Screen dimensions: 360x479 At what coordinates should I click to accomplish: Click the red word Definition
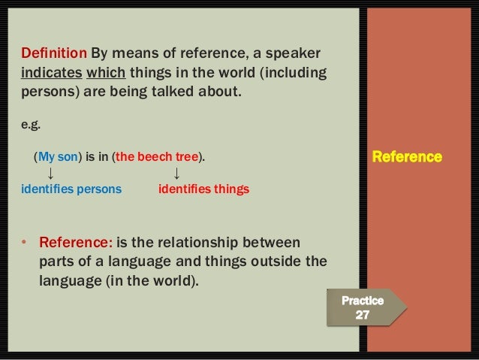click(54, 55)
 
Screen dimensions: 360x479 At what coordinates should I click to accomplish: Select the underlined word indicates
click(51, 74)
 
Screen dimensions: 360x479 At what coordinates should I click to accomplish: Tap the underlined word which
click(105, 74)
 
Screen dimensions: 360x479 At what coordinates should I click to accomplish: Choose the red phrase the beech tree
click(156, 157)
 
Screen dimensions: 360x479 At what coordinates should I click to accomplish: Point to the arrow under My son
click(50, 174)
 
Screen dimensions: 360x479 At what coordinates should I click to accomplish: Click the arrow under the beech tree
click(176, 174)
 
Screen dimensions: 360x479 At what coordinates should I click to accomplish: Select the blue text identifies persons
click(71, 189)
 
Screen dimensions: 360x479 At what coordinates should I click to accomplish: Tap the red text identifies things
click(203, 189)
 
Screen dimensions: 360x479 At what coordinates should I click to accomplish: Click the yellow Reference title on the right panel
click(407, 157)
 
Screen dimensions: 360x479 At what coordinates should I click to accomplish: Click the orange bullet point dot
click(24, 243)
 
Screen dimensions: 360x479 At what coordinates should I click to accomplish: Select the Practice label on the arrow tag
click(363, 300)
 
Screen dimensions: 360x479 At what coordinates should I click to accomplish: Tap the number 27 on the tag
click(362, 315)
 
